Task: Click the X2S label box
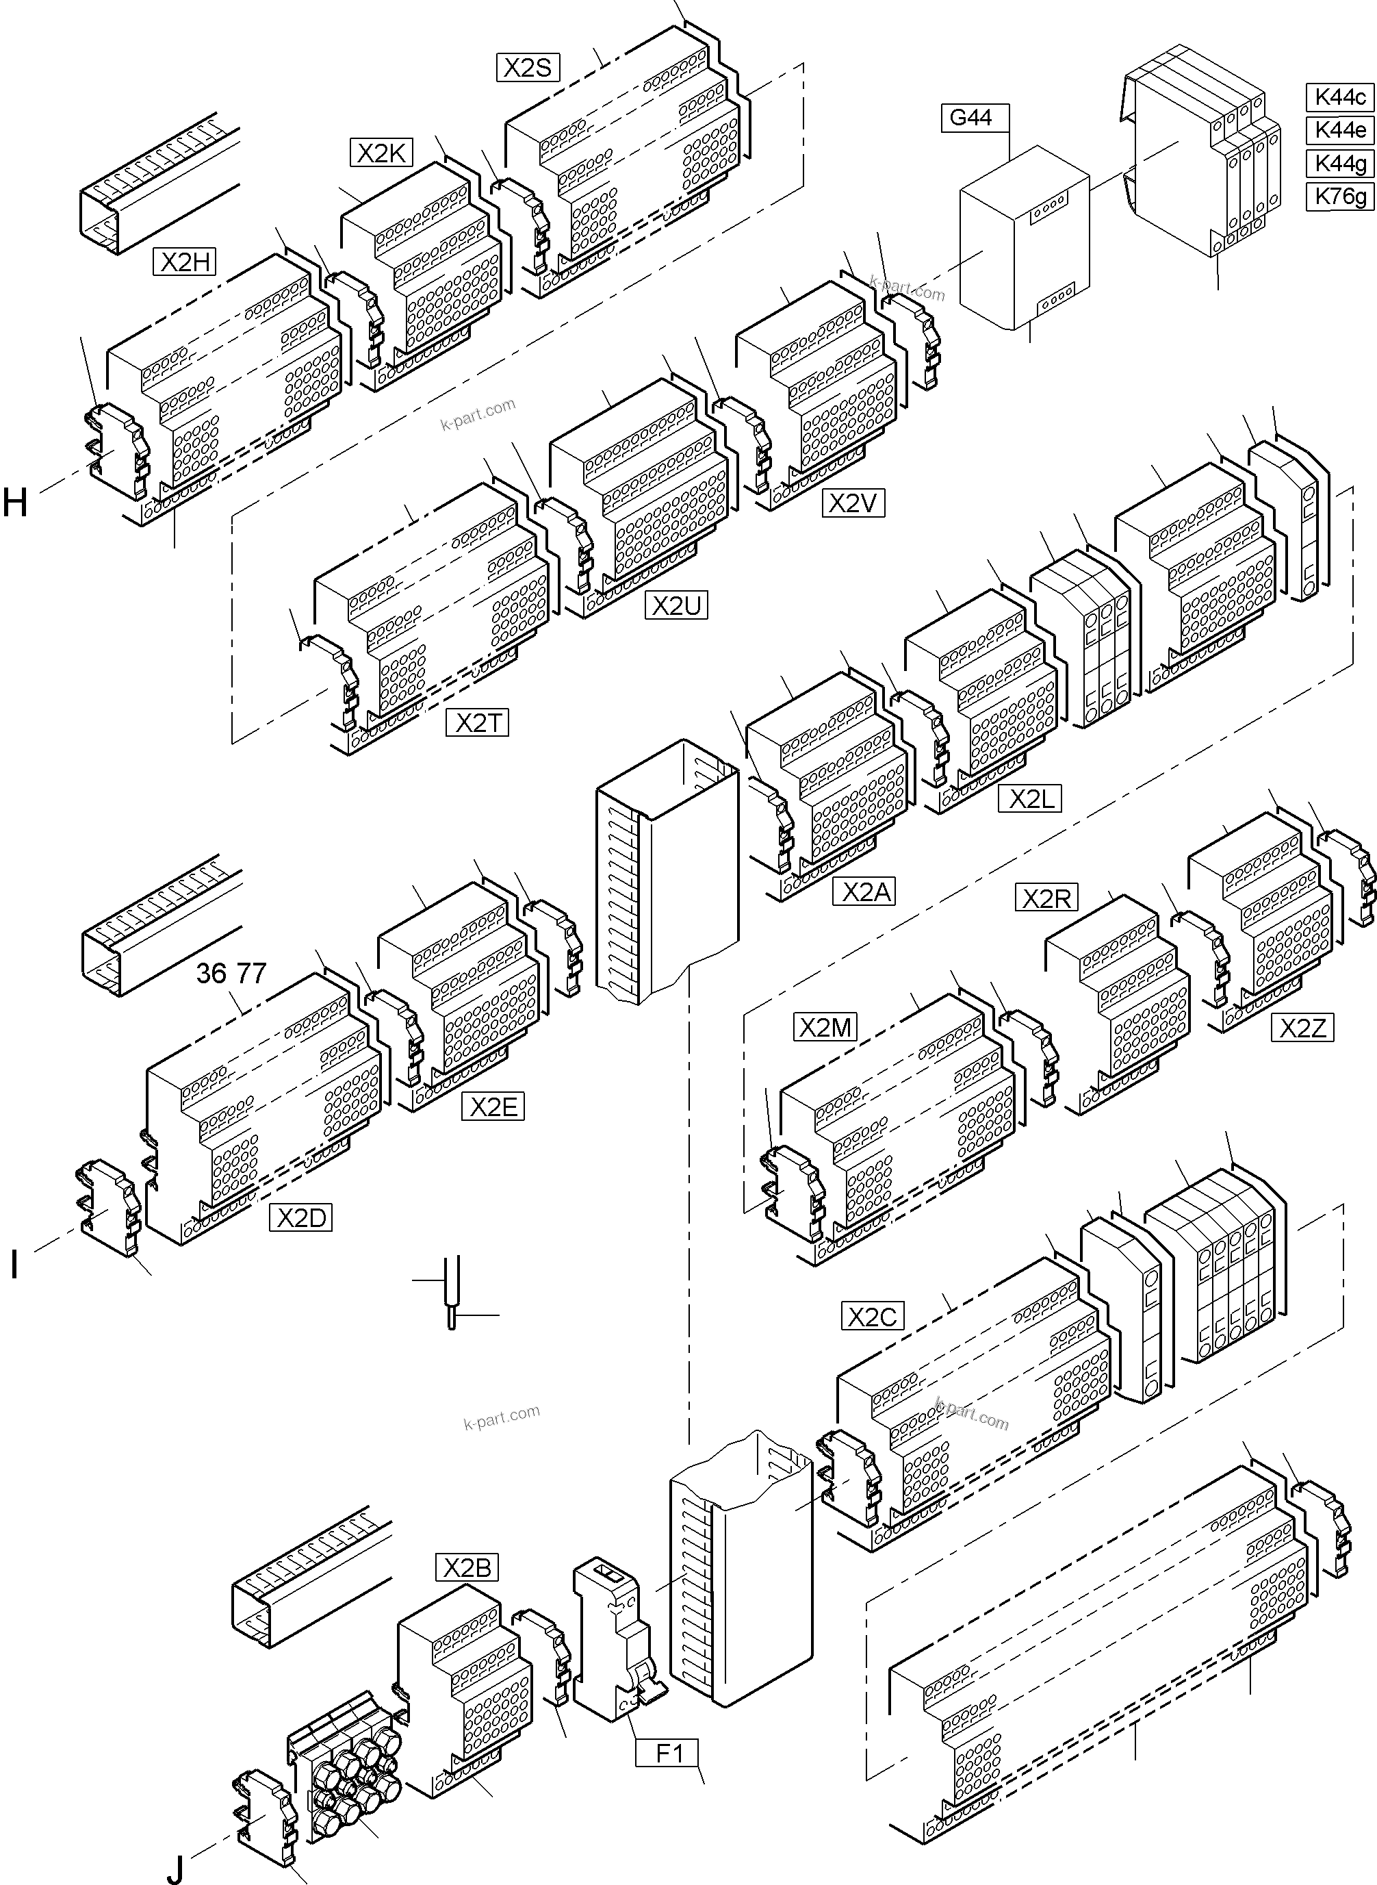(528, 68)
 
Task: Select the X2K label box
(381, 153)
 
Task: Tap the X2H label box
(184, 263)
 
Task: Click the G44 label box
(972, 118)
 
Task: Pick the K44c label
(1339, 97)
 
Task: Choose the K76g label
(1339, 197)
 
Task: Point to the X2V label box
(853, 503)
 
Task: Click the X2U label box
(676, 606)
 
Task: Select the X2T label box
(478, 723)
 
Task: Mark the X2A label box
(864, 893)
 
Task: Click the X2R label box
(1046, 899)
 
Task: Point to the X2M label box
(825, 1028)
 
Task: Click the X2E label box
(493, 1107)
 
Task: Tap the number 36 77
(231, 973)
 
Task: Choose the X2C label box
(872, 1317)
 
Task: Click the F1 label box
(669, 1754)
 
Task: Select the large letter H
(15, 503)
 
